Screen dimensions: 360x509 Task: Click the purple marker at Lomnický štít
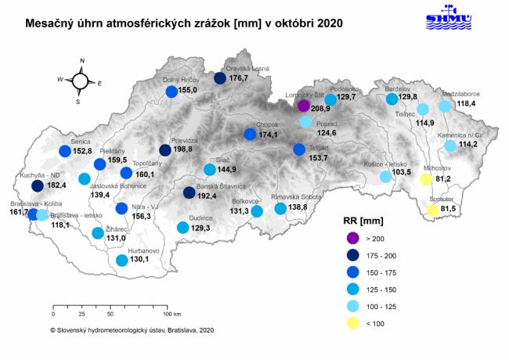304,106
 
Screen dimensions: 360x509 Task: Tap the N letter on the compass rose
81,59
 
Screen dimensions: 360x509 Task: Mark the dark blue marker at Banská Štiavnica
190,193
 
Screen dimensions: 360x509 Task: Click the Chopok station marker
250,134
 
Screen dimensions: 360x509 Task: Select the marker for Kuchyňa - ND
37,185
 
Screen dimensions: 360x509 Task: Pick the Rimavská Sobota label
292,197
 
